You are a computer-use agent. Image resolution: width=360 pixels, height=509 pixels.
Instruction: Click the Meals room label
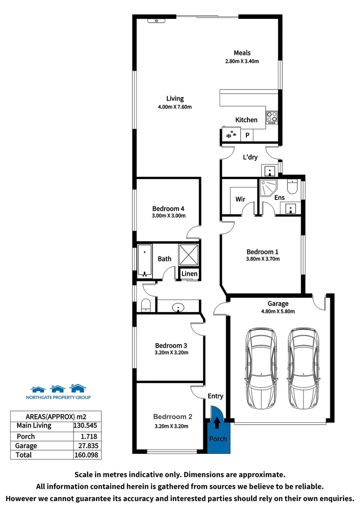[242, 53]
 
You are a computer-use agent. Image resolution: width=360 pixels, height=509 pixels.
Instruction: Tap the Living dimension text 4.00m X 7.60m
[174, 107]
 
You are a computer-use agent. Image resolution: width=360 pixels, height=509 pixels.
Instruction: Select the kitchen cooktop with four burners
[272, 117]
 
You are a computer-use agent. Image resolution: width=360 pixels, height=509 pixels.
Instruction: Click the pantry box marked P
[247, 136]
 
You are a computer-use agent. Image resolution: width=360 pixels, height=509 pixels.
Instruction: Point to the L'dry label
[250, 157]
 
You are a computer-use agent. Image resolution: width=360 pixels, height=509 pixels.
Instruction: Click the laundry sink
[269, 170]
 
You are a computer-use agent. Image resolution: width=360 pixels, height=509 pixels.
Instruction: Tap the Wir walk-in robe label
[240, 199]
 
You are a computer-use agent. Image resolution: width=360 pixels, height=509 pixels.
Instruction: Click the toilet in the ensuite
[292, 187]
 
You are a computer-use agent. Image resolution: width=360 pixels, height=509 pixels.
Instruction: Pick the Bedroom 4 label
[168, 208]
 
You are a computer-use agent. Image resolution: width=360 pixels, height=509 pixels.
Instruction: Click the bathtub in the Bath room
[144, 260]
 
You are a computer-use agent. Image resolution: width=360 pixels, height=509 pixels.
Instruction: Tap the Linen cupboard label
[189, 274]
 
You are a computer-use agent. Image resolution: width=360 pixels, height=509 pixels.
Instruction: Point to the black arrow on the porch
[217, 423]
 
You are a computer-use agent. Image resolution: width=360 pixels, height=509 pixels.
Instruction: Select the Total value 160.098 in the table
[87, 455]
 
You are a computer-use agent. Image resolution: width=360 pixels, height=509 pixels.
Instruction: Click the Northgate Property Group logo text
[58, 397]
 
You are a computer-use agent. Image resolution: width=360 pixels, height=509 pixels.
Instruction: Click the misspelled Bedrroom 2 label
[172, 417]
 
